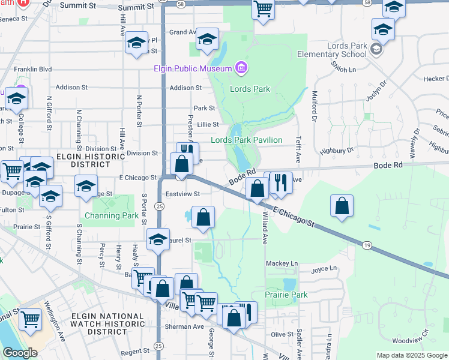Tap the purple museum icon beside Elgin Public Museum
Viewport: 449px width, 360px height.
click(x=241, y=68)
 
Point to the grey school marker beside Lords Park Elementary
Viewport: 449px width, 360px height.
click(x=377, y=49)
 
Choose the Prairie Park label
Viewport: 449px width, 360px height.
click(x=286, y=295)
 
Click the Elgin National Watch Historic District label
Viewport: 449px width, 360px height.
click(x=107, y=323)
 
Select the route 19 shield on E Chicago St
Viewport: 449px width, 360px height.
click(x=366, y=245)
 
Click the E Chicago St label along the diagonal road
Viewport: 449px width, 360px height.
click(x=294, y=217)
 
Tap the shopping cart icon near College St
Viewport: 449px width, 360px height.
click(x=11, y=171)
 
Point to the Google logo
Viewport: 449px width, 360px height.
click(x=20, y=353)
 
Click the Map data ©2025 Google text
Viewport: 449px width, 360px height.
click(x=412, y=355)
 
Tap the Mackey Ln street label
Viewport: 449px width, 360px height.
click(x=282, y=263)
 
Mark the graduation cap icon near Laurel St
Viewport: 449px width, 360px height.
click(x=158, y=238)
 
